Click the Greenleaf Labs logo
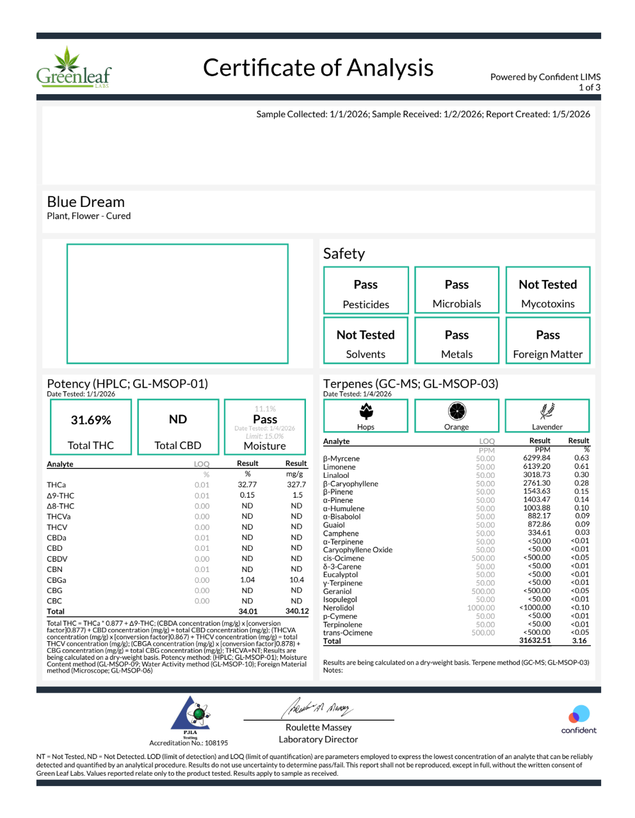73,68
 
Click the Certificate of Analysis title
318,68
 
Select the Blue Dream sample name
86,202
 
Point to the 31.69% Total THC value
91,420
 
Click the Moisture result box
265,427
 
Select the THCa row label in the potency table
56,485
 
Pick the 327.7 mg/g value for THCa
296,485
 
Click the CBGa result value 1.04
247,580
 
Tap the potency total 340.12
297,611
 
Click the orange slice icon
456,411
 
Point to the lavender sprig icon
547,411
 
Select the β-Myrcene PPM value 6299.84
536,458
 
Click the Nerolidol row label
339,608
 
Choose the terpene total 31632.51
535,641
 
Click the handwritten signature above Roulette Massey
318,708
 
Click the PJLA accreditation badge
190,715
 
